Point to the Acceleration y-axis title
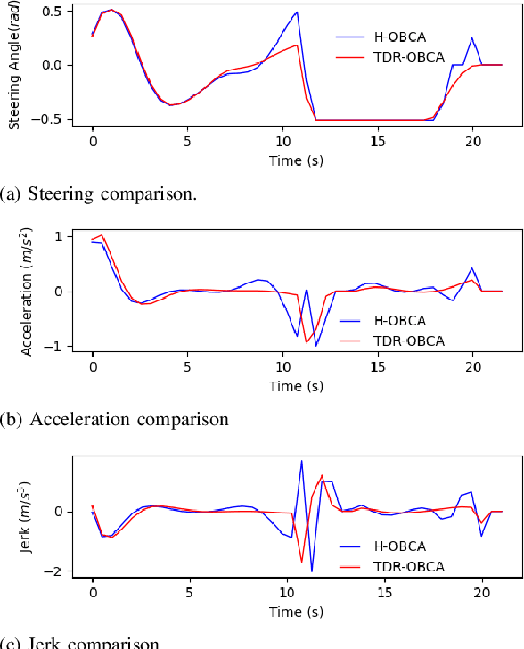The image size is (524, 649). (x=27, y=291)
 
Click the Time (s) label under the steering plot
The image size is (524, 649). (x=295, y=160)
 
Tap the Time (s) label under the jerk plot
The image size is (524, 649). (x=295, y=612)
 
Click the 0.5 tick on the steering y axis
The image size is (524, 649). (x=50, y=11)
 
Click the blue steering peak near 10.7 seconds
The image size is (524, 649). (x=296, y=12)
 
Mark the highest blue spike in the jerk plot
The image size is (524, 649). (x=301, y=461)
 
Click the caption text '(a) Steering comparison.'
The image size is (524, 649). (x=99, y=193)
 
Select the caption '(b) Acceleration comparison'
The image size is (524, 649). (x=115, y=419)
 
